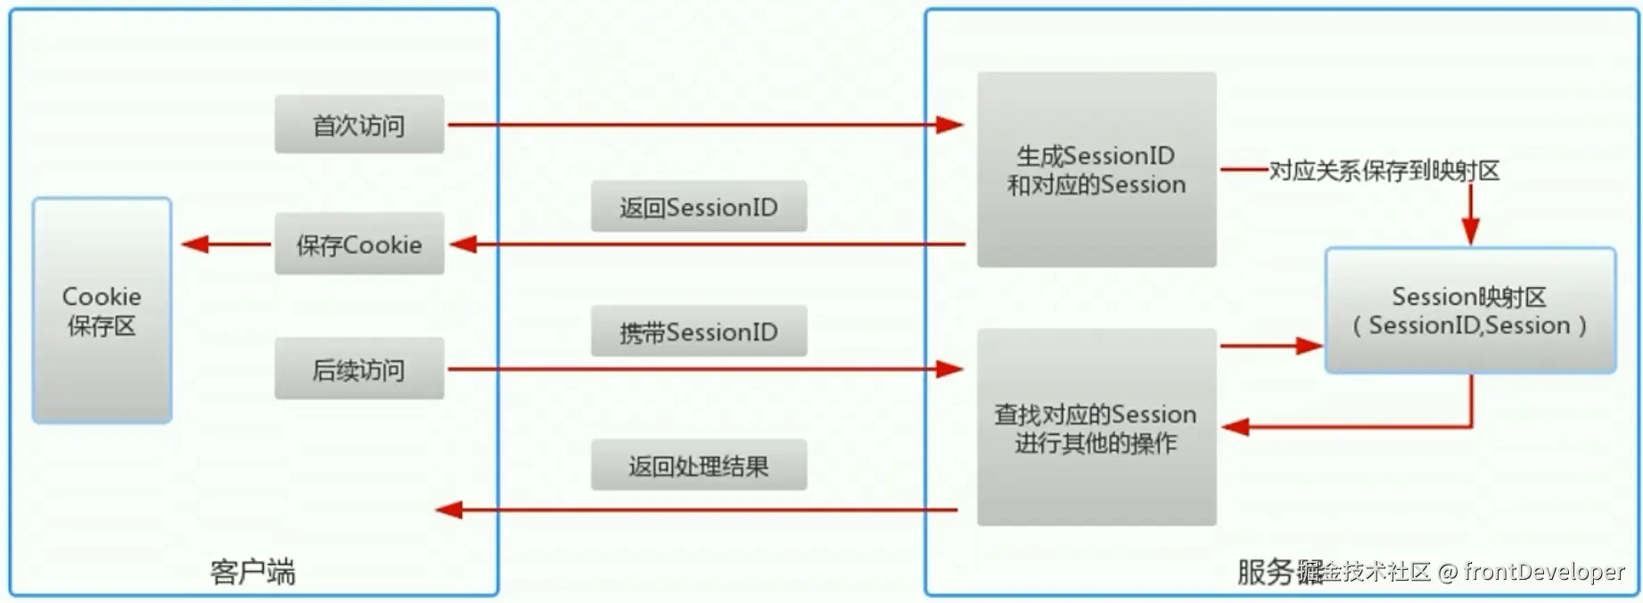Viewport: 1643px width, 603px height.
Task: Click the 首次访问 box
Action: pyautogui.click(x=358, y=125)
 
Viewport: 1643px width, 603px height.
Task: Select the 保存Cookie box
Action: pyautogui.click(x=358, y=244)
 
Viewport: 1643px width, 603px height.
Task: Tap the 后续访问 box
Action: pyautogui.click(x=358, y=368)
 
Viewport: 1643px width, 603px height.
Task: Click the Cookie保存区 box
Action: pyautogui.click(x=102, y=310)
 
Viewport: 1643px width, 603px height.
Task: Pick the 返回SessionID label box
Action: pyautogui.click(x=699, y=207)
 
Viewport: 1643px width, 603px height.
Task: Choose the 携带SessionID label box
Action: pyautogui.click(x=699, y=332)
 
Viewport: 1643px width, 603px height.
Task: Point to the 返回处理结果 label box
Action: pyautogui.click(x=699, y=465)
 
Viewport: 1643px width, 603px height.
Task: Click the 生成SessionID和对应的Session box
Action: pyautogui.click(x=1097, y=169)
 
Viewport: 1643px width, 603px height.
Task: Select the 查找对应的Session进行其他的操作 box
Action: pyautogui.click(x=1097, y=427)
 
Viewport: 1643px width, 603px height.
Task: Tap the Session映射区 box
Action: pyautogui.click(x=1470, y=310)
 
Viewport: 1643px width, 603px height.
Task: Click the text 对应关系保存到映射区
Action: pyautogui.click(x=1384, y=170)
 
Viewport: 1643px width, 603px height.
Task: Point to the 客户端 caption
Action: pyautogui.click(x=252, y=572)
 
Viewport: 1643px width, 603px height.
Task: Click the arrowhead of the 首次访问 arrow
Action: pyautogui.click(x=950, y=125)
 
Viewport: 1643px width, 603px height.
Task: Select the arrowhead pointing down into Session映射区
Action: pyautogui.click(x=1471, y=232)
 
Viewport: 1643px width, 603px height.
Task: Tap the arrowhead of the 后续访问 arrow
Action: pyautogui.click(x=950, y=368)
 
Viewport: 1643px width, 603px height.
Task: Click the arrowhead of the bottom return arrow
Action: pyautogui.click(x=448, y=509)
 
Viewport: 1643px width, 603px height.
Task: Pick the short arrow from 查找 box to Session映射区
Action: pyautogui.click(x=1270, y=345)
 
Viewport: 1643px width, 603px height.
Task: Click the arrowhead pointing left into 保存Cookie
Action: pyautogui.click(x=464, y=244)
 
